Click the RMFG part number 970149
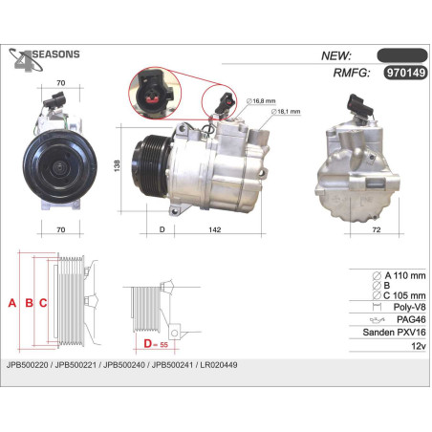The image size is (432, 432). (x=405, y=73)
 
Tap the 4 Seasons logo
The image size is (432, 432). (x=44, y=59)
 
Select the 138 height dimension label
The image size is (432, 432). (x=117, y=166)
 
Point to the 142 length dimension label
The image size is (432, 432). (x=215, y=229)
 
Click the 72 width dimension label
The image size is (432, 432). (x=377, y=229)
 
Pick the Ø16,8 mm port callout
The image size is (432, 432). (x=261, y=101)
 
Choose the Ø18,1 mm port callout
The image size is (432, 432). (x=286, y=112)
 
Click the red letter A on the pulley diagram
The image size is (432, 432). (x=12, y=303)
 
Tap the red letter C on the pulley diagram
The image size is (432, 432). (x=43, y=303)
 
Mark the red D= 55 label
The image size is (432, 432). (x=156, y=344)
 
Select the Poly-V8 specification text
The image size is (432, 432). (x=409, y=307)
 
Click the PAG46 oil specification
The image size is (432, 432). (x=411, y=319)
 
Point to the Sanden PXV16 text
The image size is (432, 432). (x=394, y=333)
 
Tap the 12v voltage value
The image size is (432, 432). (x=419, y=346)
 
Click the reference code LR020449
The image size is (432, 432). (x=219, y=365)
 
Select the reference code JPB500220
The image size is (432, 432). (x=27, y=365)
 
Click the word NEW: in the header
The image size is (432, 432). (x=336, y=55)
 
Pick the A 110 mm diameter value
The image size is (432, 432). (x=405, y=275)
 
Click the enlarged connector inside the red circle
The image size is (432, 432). (x=154, y=93)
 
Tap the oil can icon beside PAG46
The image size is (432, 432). (x=378, y=319)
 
